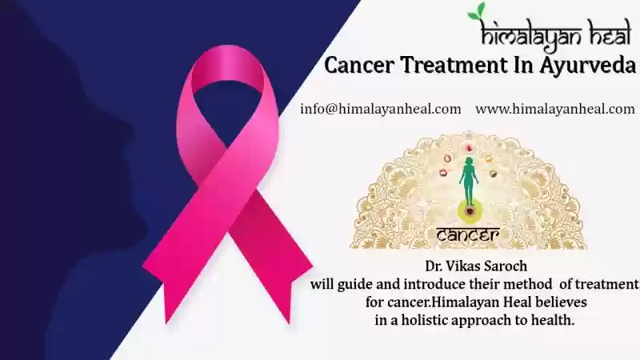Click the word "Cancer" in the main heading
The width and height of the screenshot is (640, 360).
(359, 66)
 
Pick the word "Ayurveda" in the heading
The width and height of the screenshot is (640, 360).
(587, 66)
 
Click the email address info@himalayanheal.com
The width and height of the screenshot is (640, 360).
(381, 109)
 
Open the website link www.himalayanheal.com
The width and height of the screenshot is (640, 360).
(555, 109)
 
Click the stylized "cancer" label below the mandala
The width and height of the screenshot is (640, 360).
(468, 234)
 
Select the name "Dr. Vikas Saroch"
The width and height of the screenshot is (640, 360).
(476, 266)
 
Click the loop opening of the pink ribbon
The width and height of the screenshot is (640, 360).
(227, 110)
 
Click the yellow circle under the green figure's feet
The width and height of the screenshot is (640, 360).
(470, 210)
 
